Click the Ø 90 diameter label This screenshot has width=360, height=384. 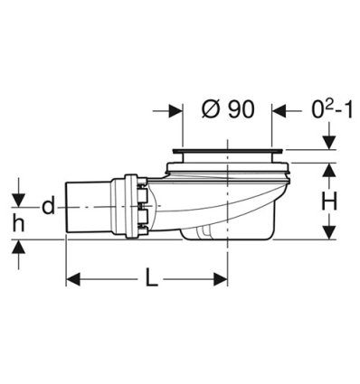(226, 110)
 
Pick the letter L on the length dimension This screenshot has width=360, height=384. (150, 278)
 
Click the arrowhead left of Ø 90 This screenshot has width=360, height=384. (170, 110)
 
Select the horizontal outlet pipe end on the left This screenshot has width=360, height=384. (86, 210)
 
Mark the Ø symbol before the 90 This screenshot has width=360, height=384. (206, 110)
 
